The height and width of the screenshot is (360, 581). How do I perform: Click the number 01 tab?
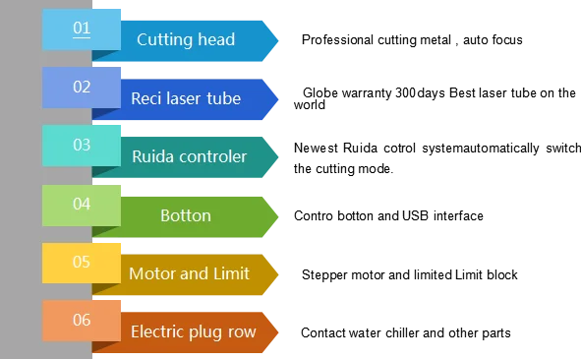pyautogui.click(x=82, y=30)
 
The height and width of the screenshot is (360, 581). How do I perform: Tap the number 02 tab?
pyautogui.click(x=82, y=88)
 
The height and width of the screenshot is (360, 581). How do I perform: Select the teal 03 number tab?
pyautogui.click(x=82, y=146)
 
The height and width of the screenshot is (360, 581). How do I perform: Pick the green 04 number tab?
pyautogui.click(x=82, y=206)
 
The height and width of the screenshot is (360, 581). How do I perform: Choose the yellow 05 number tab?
pyautogui.click(x=82, y=264)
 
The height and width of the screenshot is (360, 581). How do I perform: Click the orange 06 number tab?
pyautogui.click(x=82, y=321)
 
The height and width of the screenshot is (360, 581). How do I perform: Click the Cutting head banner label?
pyautogui.click(x=186, y=39)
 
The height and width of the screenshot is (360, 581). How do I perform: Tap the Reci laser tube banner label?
pyautogui.click(x=186, y=98)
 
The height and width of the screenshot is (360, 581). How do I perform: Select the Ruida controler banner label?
pyautogui.click(x=190, y=156)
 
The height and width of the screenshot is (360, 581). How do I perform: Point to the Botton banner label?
pyautogui.click(x=186, y=215)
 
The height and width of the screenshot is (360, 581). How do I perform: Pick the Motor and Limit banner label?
pyautogui.click(x=190, y=273)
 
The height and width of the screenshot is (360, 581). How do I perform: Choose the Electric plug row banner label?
pyautogui.click(x=194, y=332)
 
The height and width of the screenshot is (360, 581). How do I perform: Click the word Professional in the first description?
pyautogui.click(x=337, y=39)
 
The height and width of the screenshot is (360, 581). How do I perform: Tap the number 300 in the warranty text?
pyautogui.click(x=405, y=92)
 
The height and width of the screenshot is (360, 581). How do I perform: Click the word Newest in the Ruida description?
pyautogui.click(x=316, y=148)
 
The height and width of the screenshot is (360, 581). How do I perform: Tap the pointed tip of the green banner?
pyautogui.click(x=278, y=217)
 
